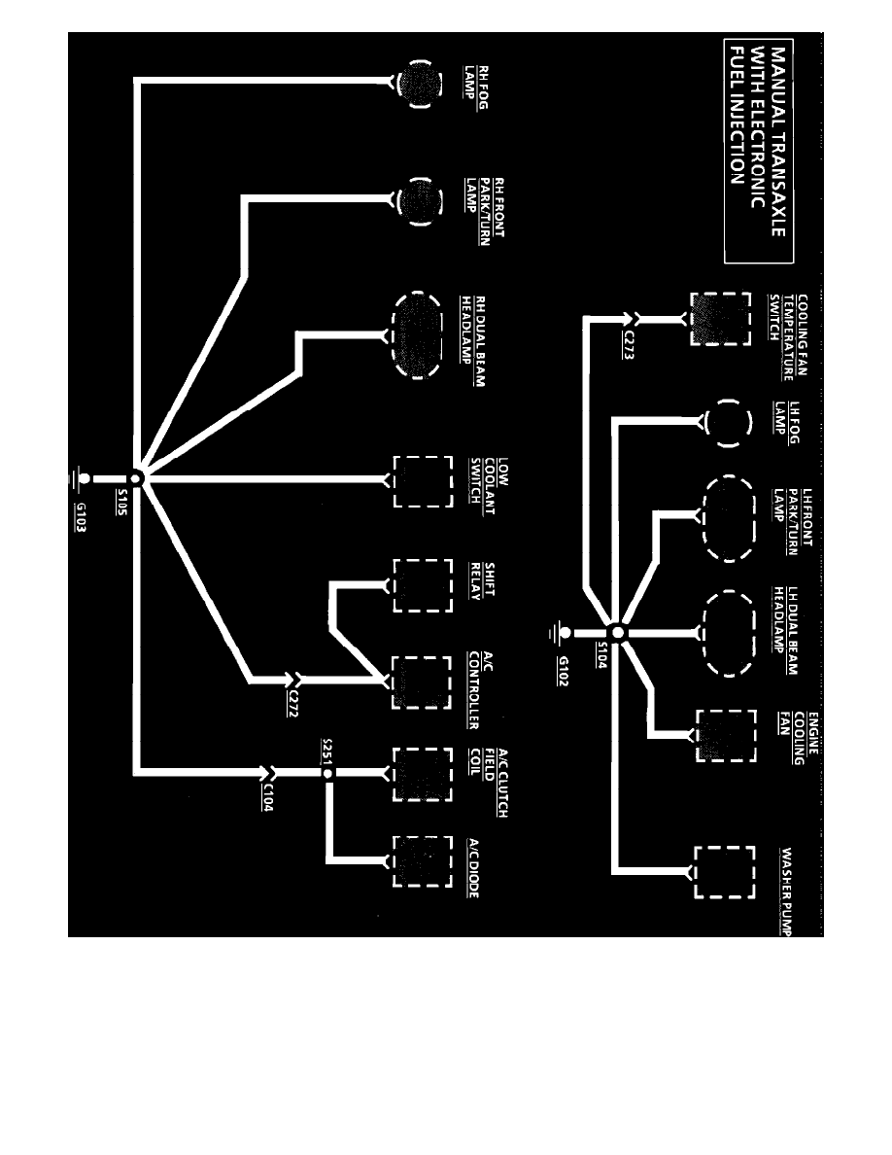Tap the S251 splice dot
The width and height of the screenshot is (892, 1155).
(x=328, y=773)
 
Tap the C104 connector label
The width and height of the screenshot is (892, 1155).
(x=266, y=800)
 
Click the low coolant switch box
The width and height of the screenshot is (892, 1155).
(x=422, y=480)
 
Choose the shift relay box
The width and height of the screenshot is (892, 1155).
(x=422, y=585)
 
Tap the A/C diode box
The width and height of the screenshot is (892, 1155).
(x=422, y=860)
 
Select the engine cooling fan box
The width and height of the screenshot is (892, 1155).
(x=725, y=734)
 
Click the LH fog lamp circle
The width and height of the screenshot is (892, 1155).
(x=728, y=424)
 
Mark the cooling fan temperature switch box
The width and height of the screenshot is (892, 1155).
(x=719, y=319)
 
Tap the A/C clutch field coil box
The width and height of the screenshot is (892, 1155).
(x=422, y=774)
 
